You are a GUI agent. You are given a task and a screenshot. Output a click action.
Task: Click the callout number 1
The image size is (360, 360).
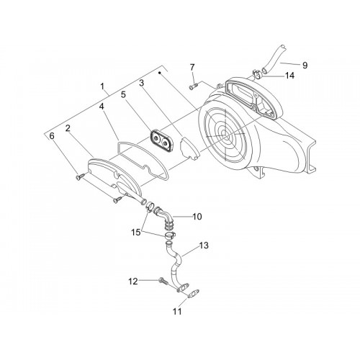click(x=102, y=86)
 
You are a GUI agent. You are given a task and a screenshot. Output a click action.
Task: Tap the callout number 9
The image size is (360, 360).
click(x=305, y=66)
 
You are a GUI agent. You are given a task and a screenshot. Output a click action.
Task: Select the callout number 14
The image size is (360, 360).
click(x=289, y=76)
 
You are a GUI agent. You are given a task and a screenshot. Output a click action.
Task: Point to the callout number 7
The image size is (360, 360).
click(x=192, y=68)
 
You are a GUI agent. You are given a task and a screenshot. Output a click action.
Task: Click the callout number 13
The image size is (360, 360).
click(x=204, y=246)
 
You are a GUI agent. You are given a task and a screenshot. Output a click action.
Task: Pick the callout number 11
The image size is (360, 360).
click(x=177, y=312)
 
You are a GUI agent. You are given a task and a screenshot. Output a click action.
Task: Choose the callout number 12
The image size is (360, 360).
click(x=133, y=281)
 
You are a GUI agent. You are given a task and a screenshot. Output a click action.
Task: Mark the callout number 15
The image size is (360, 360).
click(x=136, y=233)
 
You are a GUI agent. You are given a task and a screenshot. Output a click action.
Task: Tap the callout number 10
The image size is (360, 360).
click(x=197, y=217)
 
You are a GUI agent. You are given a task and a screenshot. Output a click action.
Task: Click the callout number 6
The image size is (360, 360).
click(x=52, y=136)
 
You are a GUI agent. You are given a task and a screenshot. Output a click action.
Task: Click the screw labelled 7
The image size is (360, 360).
click(x=193, y=86)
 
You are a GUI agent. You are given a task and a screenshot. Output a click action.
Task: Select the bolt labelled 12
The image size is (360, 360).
click(x=163, y=282)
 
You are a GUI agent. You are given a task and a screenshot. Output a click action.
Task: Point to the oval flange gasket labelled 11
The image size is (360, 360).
click(x=192, y=294)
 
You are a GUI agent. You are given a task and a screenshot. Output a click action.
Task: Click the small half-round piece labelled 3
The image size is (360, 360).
click(x=189, y=148)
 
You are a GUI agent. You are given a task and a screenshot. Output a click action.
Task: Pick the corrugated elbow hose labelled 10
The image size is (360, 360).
click(x=165, y=216)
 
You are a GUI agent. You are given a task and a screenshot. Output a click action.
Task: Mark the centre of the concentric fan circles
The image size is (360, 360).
click(x=225, y=135)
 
